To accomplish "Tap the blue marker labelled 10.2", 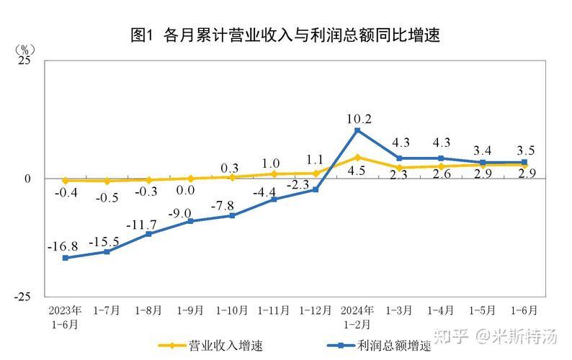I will point(357,130).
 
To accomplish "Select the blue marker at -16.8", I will point(65,258).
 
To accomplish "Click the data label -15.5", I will point(104,240).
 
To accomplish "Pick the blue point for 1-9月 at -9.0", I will point(190,221).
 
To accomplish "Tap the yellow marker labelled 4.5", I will point(357,157).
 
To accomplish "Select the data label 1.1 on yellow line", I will point(314,160).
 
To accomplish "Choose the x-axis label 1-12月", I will point(315,310).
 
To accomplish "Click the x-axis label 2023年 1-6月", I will point(65,317).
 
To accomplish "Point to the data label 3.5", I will point(524,150).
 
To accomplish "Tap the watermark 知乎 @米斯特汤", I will point(504,336).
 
